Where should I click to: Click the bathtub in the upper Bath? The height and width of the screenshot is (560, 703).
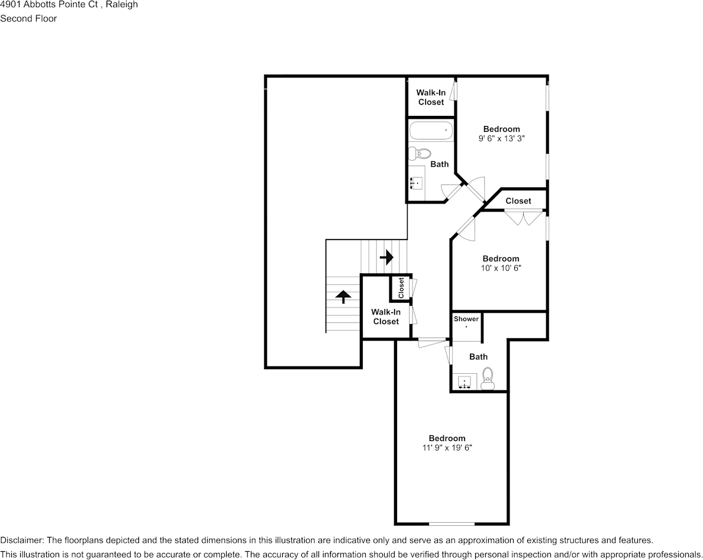(x=430, y=131)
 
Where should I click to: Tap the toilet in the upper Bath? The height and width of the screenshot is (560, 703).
(x=421, y=154)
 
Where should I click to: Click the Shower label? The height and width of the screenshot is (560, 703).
(x=466, y=319)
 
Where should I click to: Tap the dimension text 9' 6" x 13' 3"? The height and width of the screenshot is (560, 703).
(x=502, y=138)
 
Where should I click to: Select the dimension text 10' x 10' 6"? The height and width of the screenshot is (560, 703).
(x=501, y=268)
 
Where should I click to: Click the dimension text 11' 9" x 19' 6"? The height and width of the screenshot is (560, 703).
(x=447, y=448)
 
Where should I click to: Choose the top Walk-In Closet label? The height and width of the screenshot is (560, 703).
(x=431, y=98)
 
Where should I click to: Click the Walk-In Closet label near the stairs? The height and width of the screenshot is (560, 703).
(x=386, y=317)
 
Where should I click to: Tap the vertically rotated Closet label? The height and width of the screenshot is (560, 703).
(x=401, y=287)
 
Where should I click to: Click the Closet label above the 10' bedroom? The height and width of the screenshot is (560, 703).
(x=518, y=201)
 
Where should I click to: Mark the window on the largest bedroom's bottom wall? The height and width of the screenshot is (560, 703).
(x=452, y=523)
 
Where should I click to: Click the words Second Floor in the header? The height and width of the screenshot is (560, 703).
(x=28, y=18)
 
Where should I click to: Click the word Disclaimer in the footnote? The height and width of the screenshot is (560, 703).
(x=21, y=540)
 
